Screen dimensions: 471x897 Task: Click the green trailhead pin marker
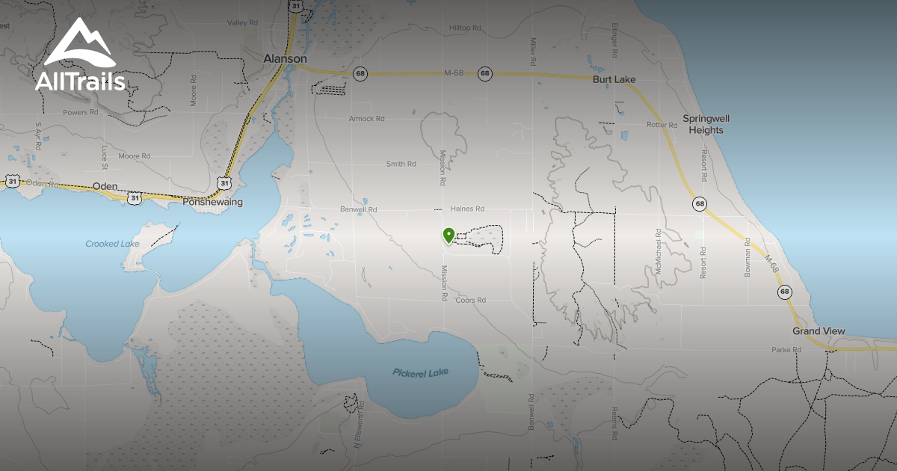(449, 236)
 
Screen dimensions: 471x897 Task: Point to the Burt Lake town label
(613, 79)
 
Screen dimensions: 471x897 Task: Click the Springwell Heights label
(706, 124)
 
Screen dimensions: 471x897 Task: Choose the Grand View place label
(819, 331)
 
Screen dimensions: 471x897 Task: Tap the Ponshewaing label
(213, 202)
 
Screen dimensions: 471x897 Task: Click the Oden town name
(106, 186)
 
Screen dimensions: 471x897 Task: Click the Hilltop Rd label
(465, 28)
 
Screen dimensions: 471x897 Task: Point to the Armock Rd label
(366, 119)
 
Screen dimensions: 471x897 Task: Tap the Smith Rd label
(401, 164)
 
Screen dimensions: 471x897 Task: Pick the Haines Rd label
(468, 209)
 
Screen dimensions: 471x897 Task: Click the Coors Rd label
(471, 300)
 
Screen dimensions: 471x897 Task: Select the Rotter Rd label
(662, 125)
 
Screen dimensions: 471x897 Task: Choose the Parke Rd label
(786, 350)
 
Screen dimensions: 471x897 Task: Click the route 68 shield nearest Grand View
(784, 292)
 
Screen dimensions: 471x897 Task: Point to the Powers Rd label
(81, 113)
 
